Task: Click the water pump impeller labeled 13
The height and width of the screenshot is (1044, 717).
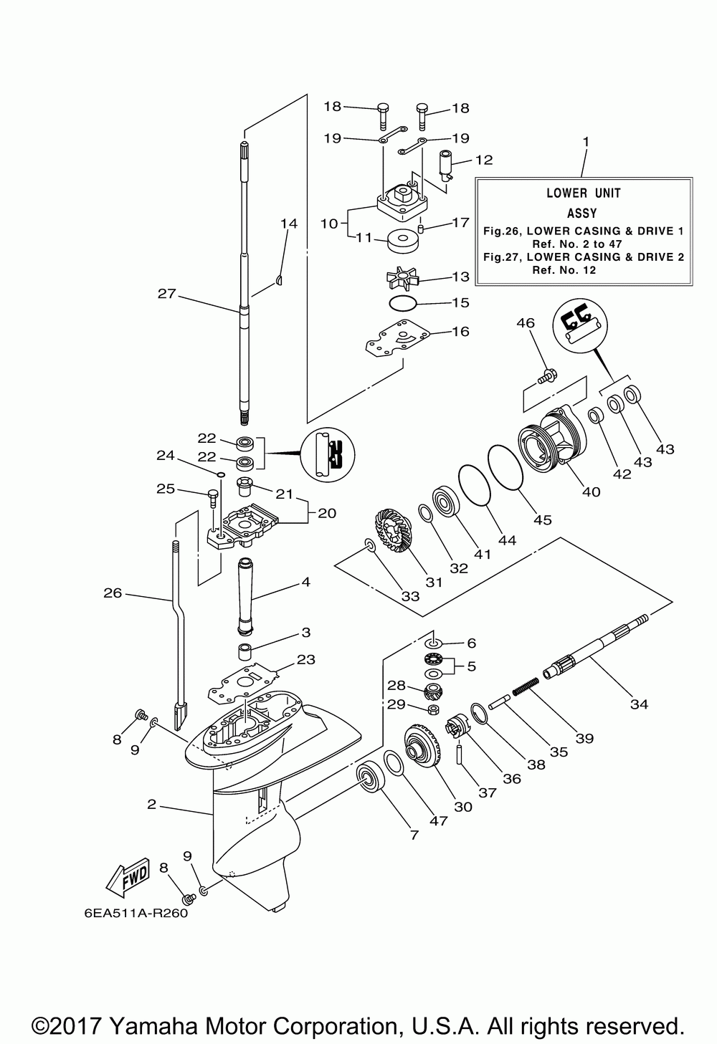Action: [x=403, y=278]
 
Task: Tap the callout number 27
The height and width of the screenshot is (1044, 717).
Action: [x=166, y=294]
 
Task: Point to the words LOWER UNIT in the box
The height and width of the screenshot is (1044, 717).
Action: [x=584, y=193]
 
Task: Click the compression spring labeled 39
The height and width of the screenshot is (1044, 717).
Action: [x=526, y=686]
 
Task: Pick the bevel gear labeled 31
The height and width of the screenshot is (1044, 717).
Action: [x=392, y=532]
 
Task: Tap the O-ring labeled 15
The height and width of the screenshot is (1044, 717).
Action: [x=402, y=303]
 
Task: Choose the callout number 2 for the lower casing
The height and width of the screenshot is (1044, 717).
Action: [x=151, y=804]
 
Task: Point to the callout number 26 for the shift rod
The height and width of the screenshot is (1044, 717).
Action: [x=113, y=593]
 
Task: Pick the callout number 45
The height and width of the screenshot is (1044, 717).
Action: [x=543, y=519]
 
